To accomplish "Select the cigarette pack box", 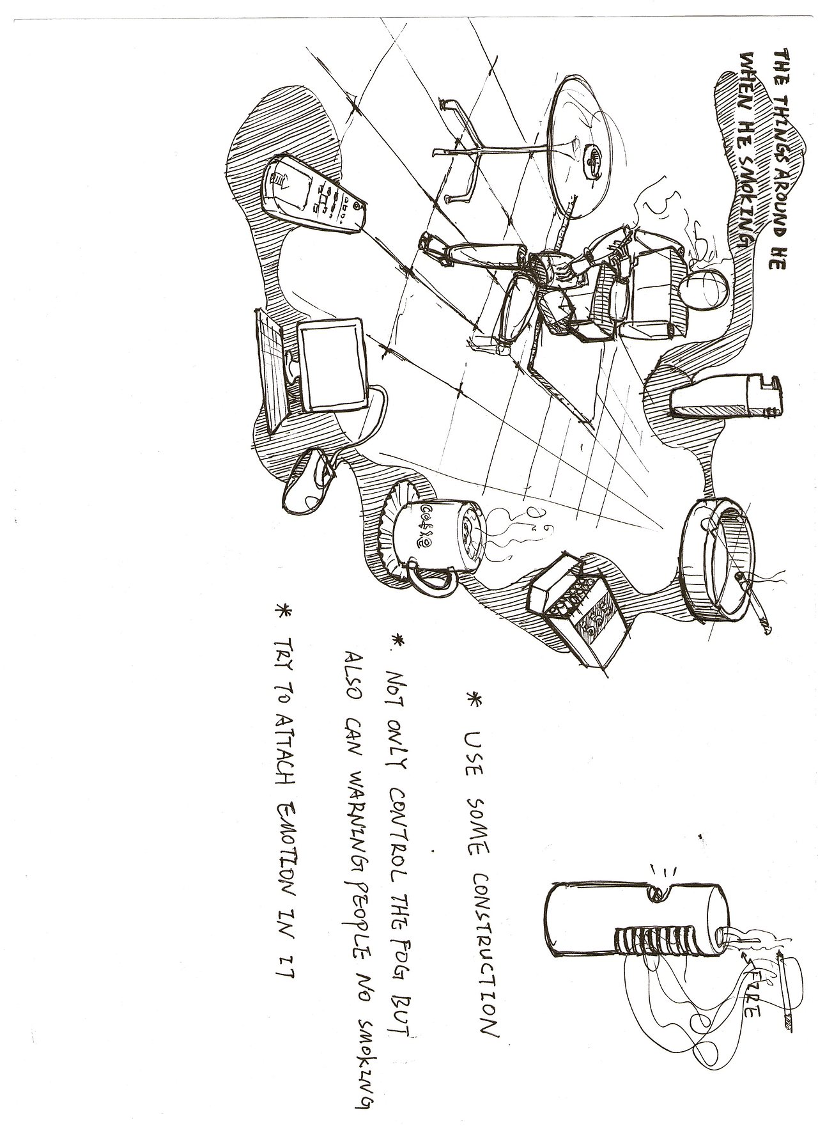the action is pyautogui.click(x=572, y=607).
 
